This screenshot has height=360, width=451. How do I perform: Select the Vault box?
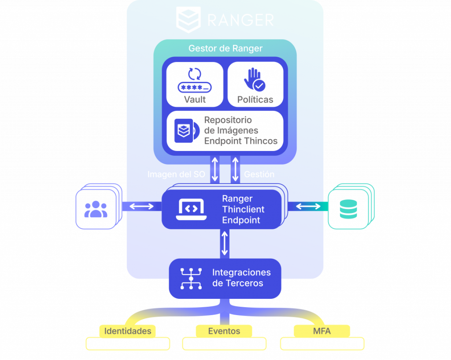(195, 84)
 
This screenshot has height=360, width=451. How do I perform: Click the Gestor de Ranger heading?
(225, 48)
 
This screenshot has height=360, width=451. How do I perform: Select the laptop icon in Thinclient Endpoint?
(190, 209)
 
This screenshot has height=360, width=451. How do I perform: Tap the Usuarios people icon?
(96, 209)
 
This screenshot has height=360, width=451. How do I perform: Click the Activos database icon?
(348, 209)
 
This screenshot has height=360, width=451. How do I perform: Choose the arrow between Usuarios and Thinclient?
(141, 206)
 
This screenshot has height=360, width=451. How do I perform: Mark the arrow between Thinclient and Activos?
(308, 206)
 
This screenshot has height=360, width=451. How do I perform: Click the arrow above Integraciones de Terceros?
(225, 243)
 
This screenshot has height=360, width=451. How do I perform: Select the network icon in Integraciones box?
(191, 278)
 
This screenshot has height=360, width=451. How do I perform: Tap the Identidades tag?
(128, 331)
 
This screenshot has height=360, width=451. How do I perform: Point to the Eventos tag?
(224, 331)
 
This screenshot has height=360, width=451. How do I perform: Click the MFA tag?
(322, 331)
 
